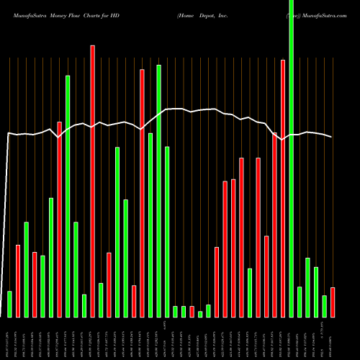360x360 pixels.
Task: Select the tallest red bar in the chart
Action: [x=92, y=181]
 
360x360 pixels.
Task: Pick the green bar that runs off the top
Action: [x=291, y=158]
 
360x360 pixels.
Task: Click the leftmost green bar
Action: [x=9, y=304]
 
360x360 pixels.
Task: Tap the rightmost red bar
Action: [x=333, y=302]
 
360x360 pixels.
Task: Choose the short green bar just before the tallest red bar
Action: [x=84, y=306]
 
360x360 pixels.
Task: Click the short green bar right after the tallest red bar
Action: [x=101, y=300]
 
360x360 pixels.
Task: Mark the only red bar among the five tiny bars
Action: [x=192, y=312]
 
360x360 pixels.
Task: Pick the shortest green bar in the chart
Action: [x=200, y=314]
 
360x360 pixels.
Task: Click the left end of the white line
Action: [x=7, y=133]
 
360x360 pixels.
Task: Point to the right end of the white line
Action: [x=332, y=137]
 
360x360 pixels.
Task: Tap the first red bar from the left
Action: [x=18, y=281]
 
